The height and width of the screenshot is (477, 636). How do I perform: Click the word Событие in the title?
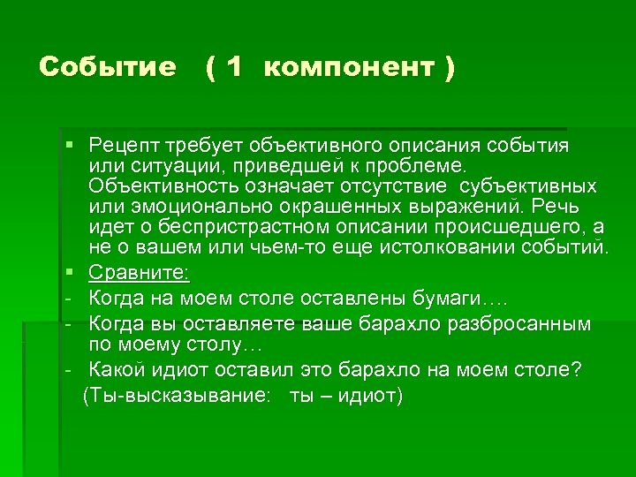point(108,68)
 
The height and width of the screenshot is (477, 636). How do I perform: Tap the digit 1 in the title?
point(234,68)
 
